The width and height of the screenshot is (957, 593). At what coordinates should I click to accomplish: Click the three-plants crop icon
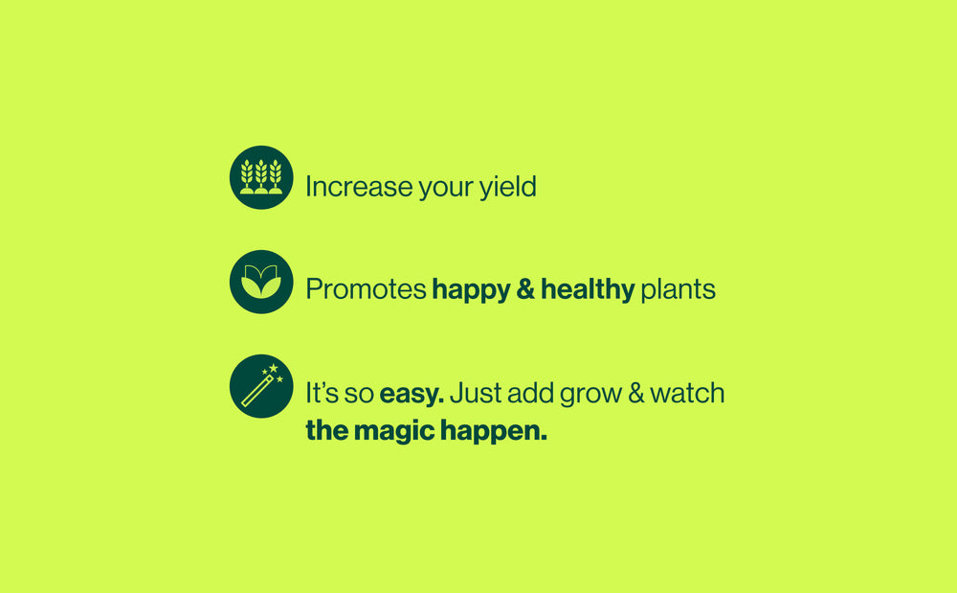261,177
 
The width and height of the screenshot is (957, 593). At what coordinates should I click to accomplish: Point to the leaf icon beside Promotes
261,282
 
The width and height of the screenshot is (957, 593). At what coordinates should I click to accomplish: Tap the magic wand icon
261,386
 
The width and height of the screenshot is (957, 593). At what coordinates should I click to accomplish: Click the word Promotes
366,289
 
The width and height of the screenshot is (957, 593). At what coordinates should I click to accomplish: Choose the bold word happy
471,289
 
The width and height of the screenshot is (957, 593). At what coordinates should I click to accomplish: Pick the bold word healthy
588,289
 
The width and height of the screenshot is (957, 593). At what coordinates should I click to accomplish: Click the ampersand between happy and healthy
525,289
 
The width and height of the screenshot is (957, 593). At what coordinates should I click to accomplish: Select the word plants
679,289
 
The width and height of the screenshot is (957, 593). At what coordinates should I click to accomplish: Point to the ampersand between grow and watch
636,394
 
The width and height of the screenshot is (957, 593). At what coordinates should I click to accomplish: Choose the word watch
688,394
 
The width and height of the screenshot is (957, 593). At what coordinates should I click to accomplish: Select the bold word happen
494,432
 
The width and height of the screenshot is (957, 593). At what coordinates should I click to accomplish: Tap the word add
525,394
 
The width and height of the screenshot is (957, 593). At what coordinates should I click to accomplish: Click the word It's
319,394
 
